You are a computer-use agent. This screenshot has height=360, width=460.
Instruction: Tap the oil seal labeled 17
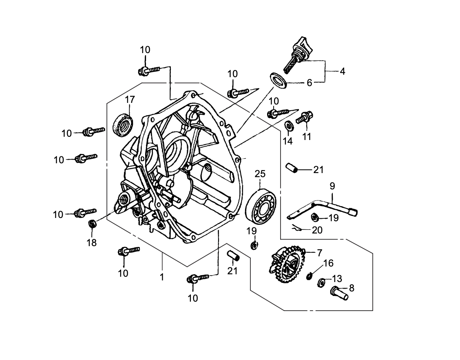[x=122, y=124]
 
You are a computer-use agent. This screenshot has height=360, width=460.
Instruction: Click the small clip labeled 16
[x=310, y=276]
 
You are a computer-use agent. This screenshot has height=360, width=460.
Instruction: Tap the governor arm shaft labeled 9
[x=322, y=205]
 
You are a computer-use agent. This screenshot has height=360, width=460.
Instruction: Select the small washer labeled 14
[x=288, y=126]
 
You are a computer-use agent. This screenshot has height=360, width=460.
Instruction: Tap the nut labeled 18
[x=93, y=224]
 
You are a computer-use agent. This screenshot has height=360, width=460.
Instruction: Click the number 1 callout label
[x=162, y=277]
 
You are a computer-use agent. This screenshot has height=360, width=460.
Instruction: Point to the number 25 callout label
[x=260, y=173]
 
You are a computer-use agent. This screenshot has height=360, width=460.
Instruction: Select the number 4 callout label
[x=342, y=71]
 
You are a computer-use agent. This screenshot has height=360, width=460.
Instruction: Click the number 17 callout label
[x=129, y=100]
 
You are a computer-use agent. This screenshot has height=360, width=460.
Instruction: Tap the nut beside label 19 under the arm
[x=315, y=217]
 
